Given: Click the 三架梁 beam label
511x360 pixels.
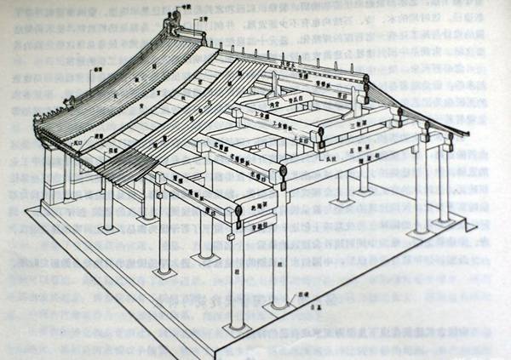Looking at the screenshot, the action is tap(358, 121).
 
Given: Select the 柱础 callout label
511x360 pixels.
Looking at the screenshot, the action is tap(300, 290).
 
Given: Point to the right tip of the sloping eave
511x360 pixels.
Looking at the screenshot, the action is tap(467, 134).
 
